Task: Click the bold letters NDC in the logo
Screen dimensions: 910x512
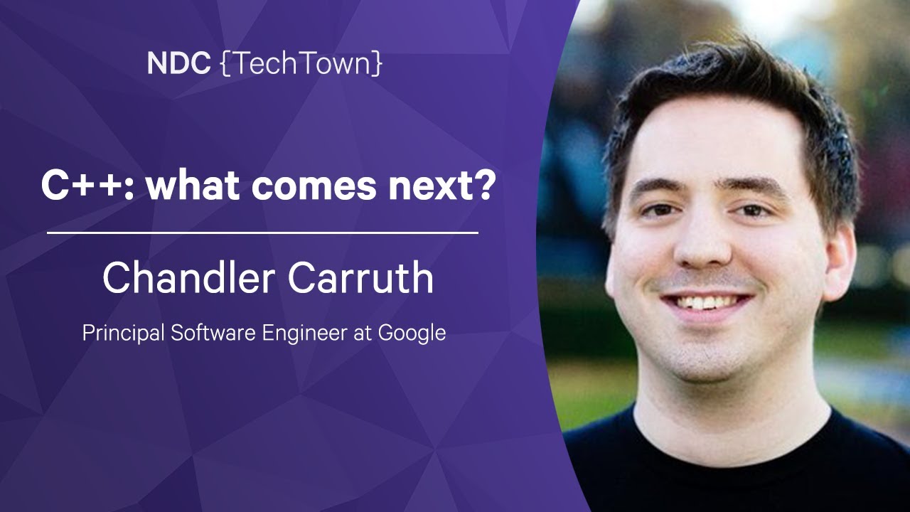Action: pyautogui.click(x=178, y=63)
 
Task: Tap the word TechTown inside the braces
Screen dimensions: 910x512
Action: pyautogui.click(x=303, y=63)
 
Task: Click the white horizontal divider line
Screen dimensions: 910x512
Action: pyautogui.click(x=262, y=233)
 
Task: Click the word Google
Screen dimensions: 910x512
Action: pyautogui.click(x=412, y=334)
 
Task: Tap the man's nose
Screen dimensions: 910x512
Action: pyautogui.click(x=703, y=244)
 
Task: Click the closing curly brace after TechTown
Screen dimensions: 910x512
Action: pyautogui.click(x=378, y=63)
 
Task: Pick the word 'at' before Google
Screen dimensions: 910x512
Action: pyautogui.click(x=363, y=334)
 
